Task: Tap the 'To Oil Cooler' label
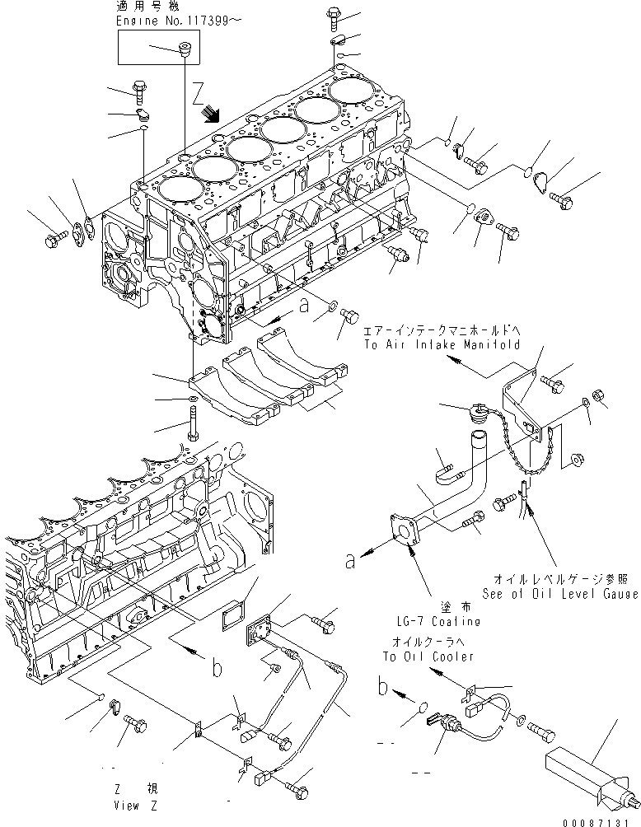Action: pos(428,656)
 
